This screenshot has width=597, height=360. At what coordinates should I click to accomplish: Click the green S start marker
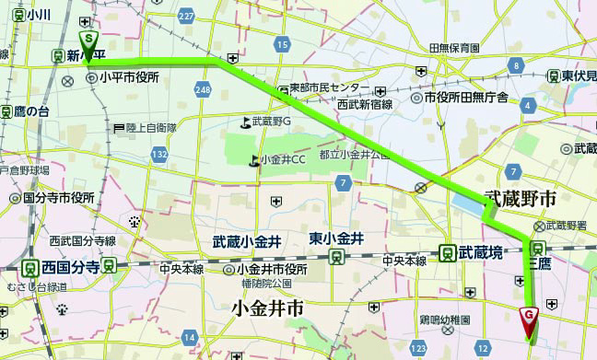coord(88,41)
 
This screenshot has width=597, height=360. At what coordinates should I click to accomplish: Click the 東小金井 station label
coord(336,238)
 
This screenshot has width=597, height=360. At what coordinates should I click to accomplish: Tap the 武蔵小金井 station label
coord(246,241)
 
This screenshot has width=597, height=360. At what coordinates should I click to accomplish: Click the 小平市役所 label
coord(130,79)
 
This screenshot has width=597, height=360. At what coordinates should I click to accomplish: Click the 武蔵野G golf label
coord(274,122)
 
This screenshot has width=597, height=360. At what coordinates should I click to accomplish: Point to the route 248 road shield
coord(204,88)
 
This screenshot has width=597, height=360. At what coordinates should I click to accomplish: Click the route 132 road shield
coord(160,153)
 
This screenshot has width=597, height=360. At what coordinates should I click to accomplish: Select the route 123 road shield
coord(420,348)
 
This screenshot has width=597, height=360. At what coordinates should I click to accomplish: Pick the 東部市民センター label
coord(330,88)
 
